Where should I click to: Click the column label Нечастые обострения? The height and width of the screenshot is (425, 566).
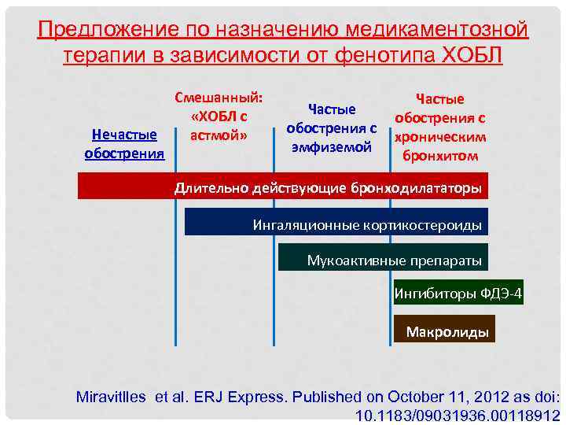pyautogui.click(x=124, y=143)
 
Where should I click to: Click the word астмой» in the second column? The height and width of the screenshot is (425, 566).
pyautogui.click(x=219, y=135)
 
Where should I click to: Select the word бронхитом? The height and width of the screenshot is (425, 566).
pyautogui.click(x=440, y=155)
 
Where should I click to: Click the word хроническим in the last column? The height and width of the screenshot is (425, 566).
pyautogui.click(x=440, y=136)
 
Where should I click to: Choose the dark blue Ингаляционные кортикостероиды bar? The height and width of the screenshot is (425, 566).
pyautogui.click(x=336, y=223)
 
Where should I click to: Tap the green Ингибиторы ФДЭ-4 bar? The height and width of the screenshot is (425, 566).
pyautogui.click(x=458, y=294)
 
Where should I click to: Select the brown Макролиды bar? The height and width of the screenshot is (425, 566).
pyautogui.click(x=447, y=331)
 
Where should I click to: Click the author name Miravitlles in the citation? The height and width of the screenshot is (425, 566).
pyautogui.click(x=111, y=396)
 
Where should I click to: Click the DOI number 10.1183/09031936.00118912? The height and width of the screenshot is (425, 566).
pyautogui.click(x=458, y=415)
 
